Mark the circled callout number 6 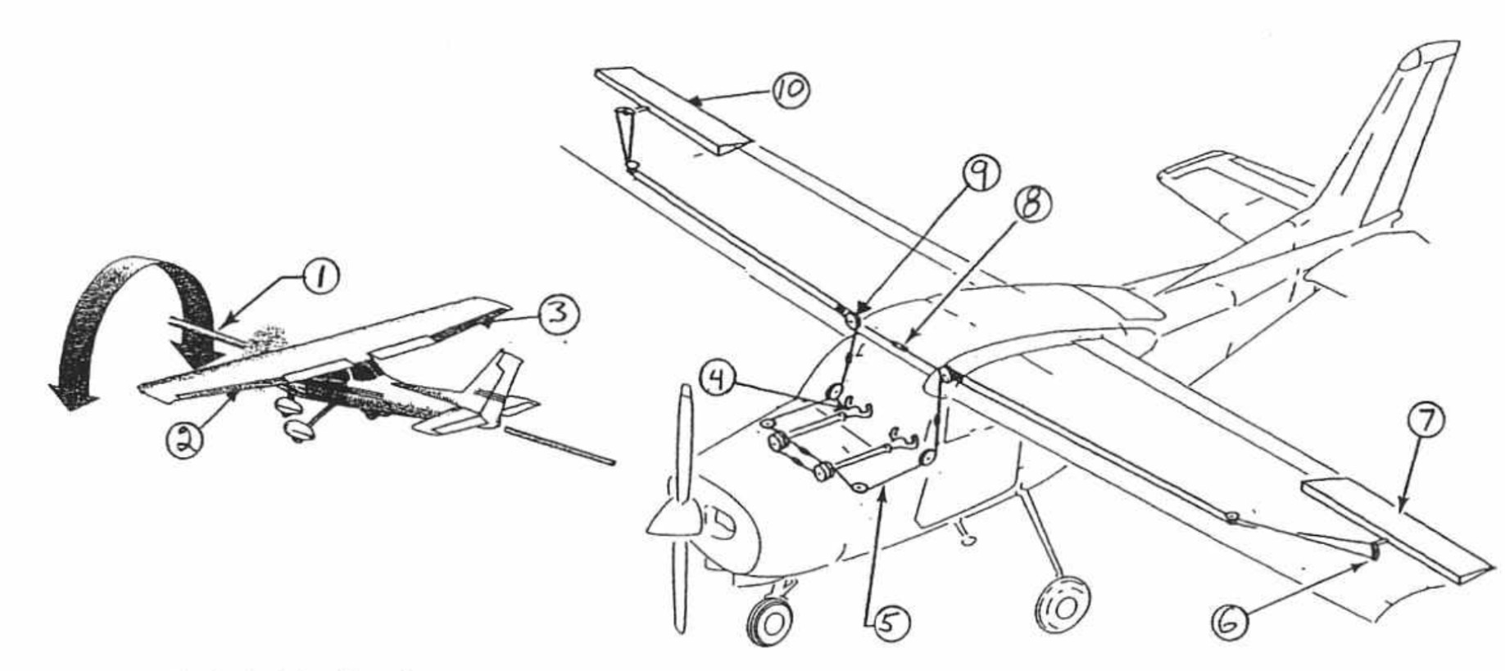coord(1231,623)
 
